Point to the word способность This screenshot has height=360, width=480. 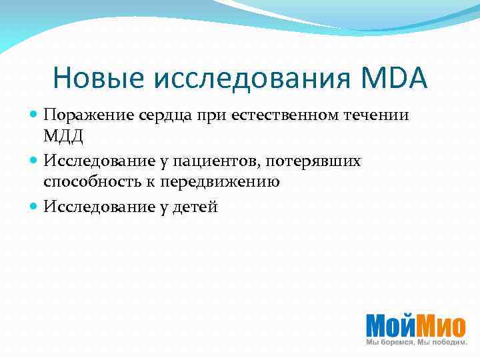[x=89, y=181]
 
